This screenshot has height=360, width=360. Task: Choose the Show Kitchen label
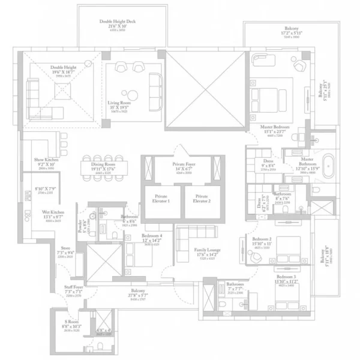(x=46, y=162)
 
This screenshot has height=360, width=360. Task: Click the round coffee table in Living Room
(x=128, y=93)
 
